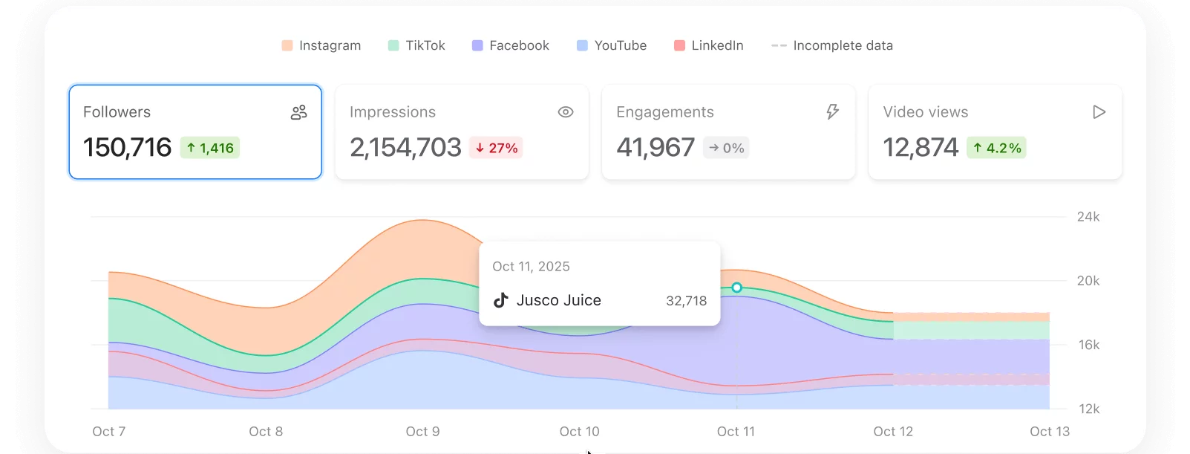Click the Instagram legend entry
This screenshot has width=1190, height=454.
point(321,45)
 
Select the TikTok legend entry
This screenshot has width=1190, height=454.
point(416,45)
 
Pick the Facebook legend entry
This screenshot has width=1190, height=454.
point(511,45)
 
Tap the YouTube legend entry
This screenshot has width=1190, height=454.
point(612,45)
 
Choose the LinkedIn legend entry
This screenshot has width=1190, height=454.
point(709,45)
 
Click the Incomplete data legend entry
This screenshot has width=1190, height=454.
point(832,45)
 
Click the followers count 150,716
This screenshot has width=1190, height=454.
point(127,148)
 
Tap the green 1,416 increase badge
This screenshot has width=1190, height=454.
point(210,148)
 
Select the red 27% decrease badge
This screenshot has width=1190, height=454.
point(496,148)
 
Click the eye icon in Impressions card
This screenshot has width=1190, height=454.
point(566,112)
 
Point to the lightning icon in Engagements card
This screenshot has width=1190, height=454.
point(833,112)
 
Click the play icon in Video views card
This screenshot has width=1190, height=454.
point(1099,112)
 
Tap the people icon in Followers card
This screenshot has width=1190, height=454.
point(299,112)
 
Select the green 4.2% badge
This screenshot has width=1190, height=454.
point(996,148)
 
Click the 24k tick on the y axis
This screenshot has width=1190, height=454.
point(1088,217)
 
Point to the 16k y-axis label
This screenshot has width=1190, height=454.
point(1089,345)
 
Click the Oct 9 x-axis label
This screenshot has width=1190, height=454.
point(422,432)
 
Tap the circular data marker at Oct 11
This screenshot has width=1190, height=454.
point(736,288)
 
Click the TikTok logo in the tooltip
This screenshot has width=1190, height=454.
point(501,300)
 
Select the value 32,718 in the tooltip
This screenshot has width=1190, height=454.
point(686,301)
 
